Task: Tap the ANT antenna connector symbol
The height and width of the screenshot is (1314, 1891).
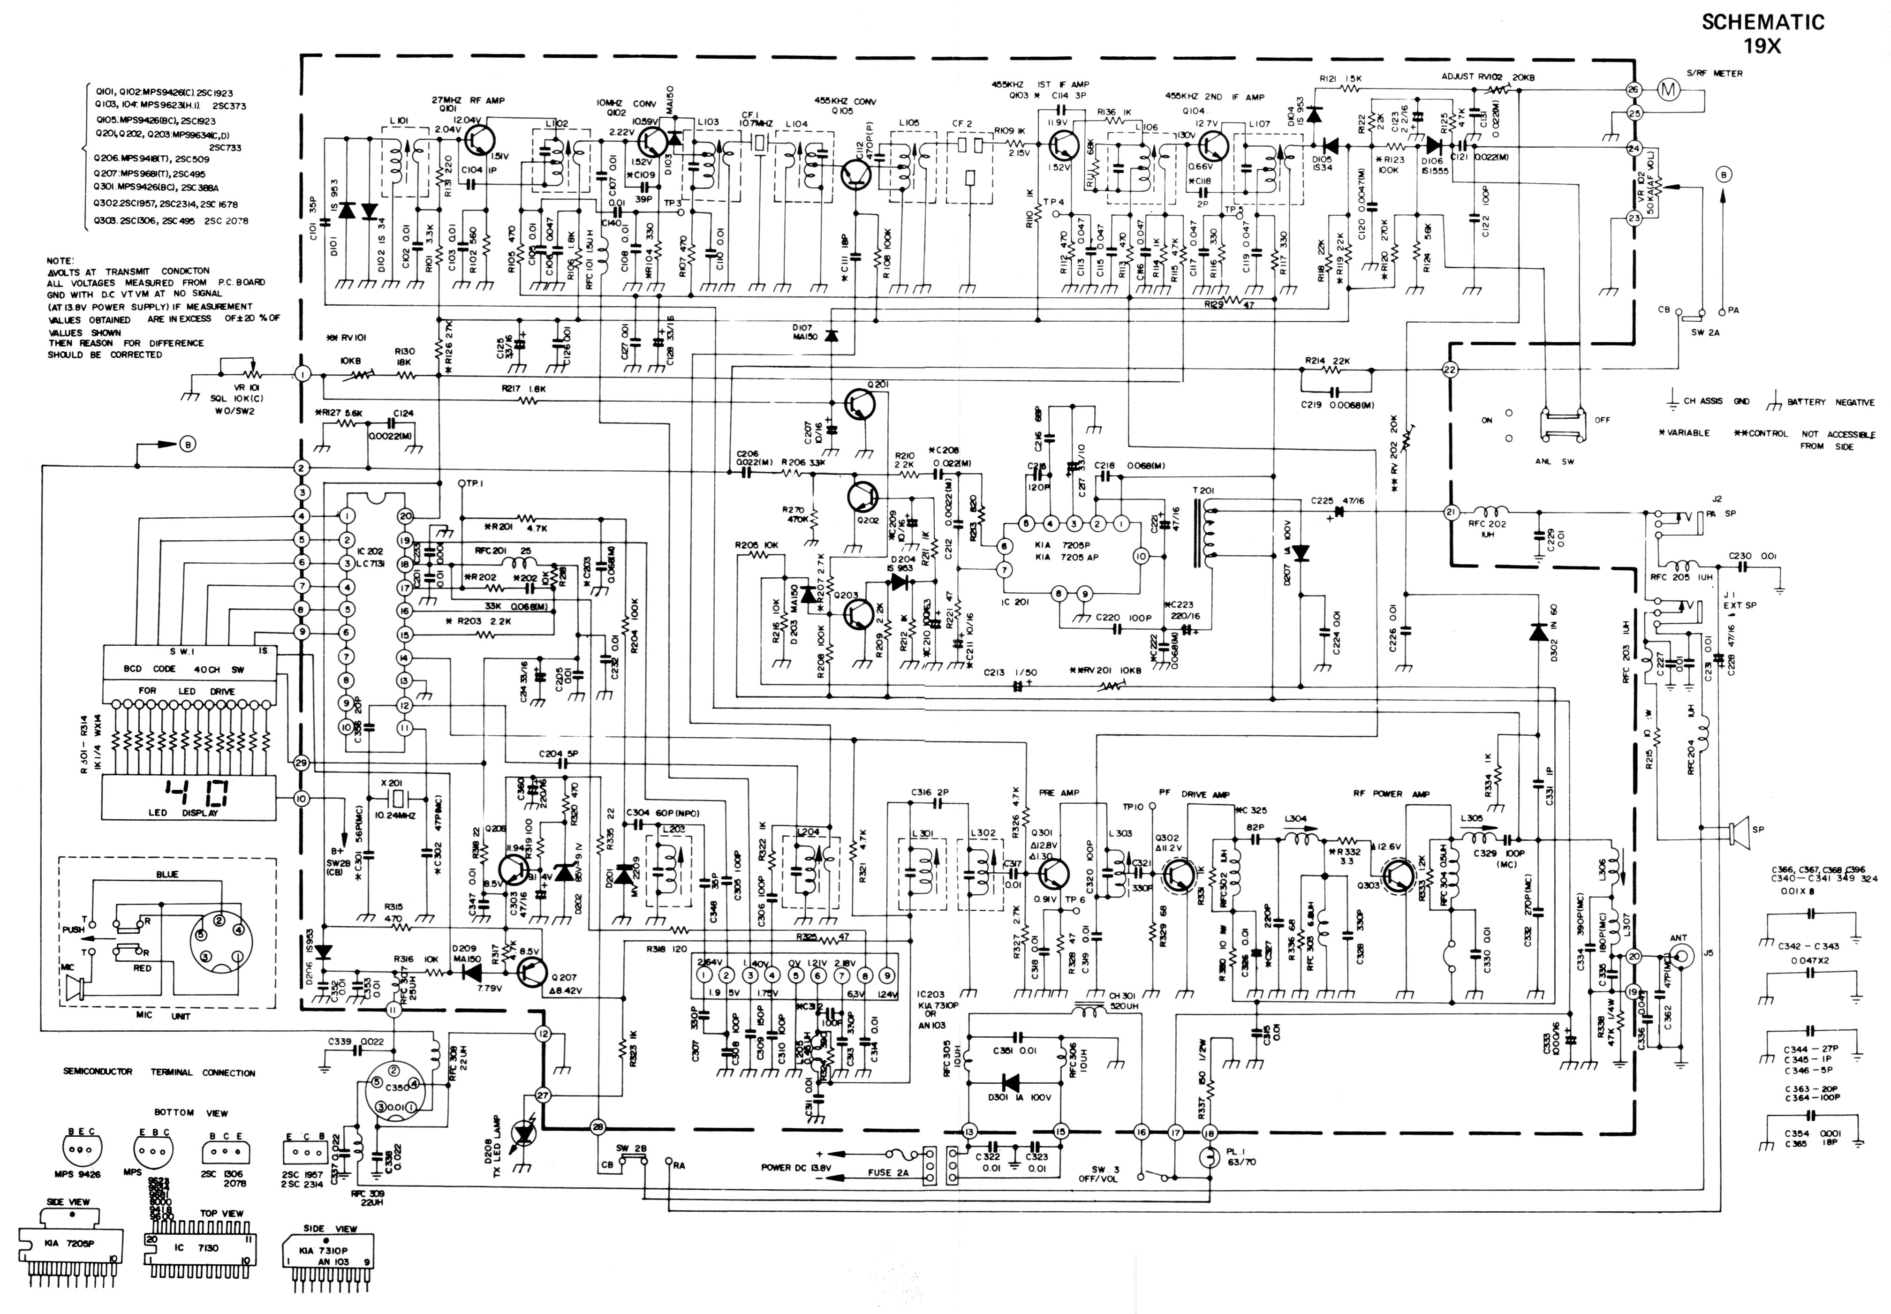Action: pyautogui.click(x=1680, y=955)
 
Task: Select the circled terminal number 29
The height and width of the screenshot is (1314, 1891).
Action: pyautogui.click(x=301, y=763)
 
